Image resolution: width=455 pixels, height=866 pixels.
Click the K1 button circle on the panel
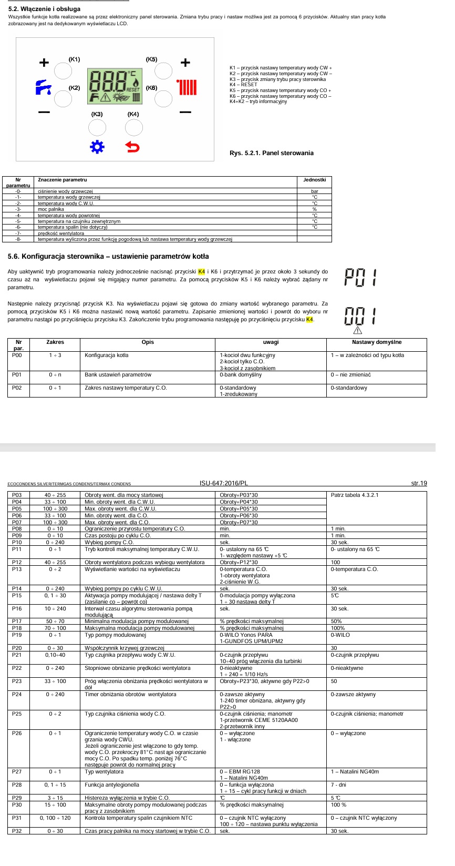63,71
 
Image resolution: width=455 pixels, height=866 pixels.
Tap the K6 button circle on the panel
163,98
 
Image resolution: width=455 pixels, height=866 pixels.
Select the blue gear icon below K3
97,147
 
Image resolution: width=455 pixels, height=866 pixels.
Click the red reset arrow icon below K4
133,147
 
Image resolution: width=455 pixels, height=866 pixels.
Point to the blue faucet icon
43,87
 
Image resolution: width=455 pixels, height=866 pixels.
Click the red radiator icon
187,87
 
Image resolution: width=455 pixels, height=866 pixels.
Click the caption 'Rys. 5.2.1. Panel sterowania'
271,153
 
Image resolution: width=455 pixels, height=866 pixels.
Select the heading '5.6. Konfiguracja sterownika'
108,257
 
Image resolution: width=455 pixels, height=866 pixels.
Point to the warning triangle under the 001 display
358,330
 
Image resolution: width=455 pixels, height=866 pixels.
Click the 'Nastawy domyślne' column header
377,342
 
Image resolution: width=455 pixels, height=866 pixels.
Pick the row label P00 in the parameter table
17,355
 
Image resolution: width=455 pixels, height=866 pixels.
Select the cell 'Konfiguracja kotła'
107,355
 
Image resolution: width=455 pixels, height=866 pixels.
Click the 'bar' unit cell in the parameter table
314,191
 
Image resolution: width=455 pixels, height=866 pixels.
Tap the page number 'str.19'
419,483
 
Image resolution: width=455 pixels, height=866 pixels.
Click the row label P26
17,733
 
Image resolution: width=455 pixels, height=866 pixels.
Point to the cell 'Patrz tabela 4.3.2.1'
355,495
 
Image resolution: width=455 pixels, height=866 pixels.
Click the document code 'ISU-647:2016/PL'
224,483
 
